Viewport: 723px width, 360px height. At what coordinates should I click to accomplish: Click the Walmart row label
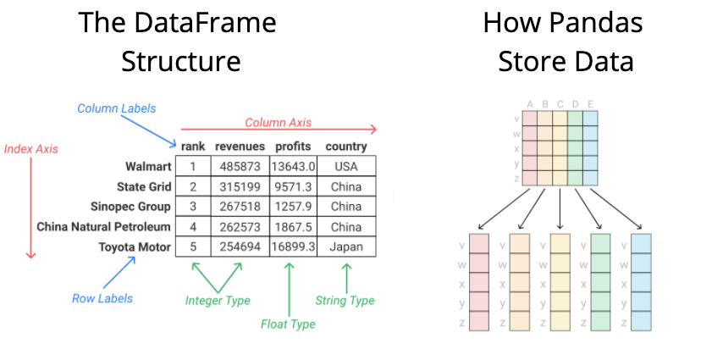point(148,166)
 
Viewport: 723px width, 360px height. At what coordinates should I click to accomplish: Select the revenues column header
point(240,147)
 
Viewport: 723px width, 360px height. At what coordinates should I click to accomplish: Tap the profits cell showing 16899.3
point(294,246)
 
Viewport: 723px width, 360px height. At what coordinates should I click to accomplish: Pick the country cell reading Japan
point(345,246)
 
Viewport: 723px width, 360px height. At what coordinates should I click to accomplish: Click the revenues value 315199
point(240,186)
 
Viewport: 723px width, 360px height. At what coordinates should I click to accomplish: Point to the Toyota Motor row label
point(136,246)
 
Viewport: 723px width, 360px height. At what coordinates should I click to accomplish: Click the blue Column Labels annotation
point(116,108)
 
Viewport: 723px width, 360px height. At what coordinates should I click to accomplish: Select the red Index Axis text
point(31,149)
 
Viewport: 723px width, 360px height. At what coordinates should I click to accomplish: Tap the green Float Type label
point(288,324)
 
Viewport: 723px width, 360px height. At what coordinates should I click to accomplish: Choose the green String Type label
point(345,300)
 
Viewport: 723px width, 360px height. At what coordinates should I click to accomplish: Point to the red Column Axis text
point(278,123)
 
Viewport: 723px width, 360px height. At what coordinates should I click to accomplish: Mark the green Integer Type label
point(218,300)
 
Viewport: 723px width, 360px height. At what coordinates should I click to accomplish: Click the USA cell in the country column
point(345,167)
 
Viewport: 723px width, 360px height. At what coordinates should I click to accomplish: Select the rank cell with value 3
point(193,207)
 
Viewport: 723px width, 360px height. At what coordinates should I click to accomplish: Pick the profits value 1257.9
point(294,207)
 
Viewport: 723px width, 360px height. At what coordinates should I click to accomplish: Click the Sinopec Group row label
point(130,207)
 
